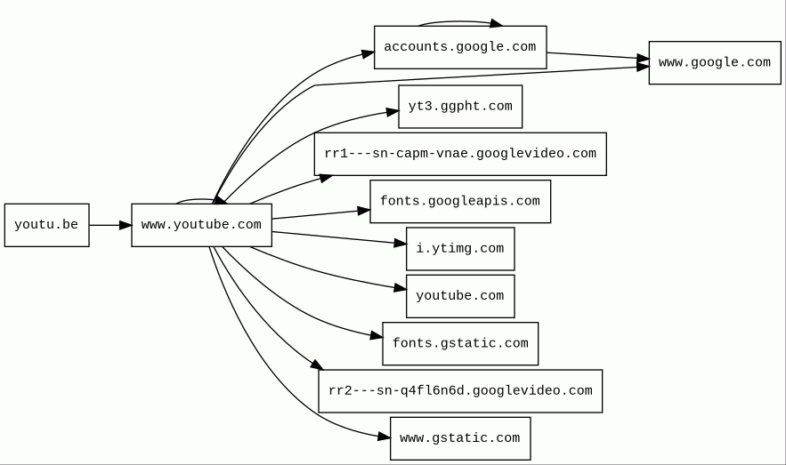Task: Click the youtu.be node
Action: pos(46,225)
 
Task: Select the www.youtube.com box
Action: pos(201,225)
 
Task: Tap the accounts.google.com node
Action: pos(459,47)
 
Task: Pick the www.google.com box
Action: pos(714,62)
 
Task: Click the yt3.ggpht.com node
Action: pos(459,107)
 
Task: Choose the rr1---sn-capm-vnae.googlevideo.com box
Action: pos(459,154)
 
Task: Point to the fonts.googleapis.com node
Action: pos(459,201)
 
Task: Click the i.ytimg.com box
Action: pos(459,249)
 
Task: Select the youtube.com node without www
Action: pos(459,296)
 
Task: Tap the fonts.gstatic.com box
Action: pos(459,343)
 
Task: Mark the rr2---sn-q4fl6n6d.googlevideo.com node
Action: pos(459,391)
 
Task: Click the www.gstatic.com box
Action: pos(459,438)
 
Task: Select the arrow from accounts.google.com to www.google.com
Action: pos(596,56)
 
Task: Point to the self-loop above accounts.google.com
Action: pos(459,21)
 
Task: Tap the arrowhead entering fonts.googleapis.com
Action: pos(363,211)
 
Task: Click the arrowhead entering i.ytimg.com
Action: pos(400,243)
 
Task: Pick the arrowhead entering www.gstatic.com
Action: pos(384,437)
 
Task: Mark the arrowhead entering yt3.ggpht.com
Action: pos(392,112)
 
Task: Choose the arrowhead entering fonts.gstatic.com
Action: pos(376,336)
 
